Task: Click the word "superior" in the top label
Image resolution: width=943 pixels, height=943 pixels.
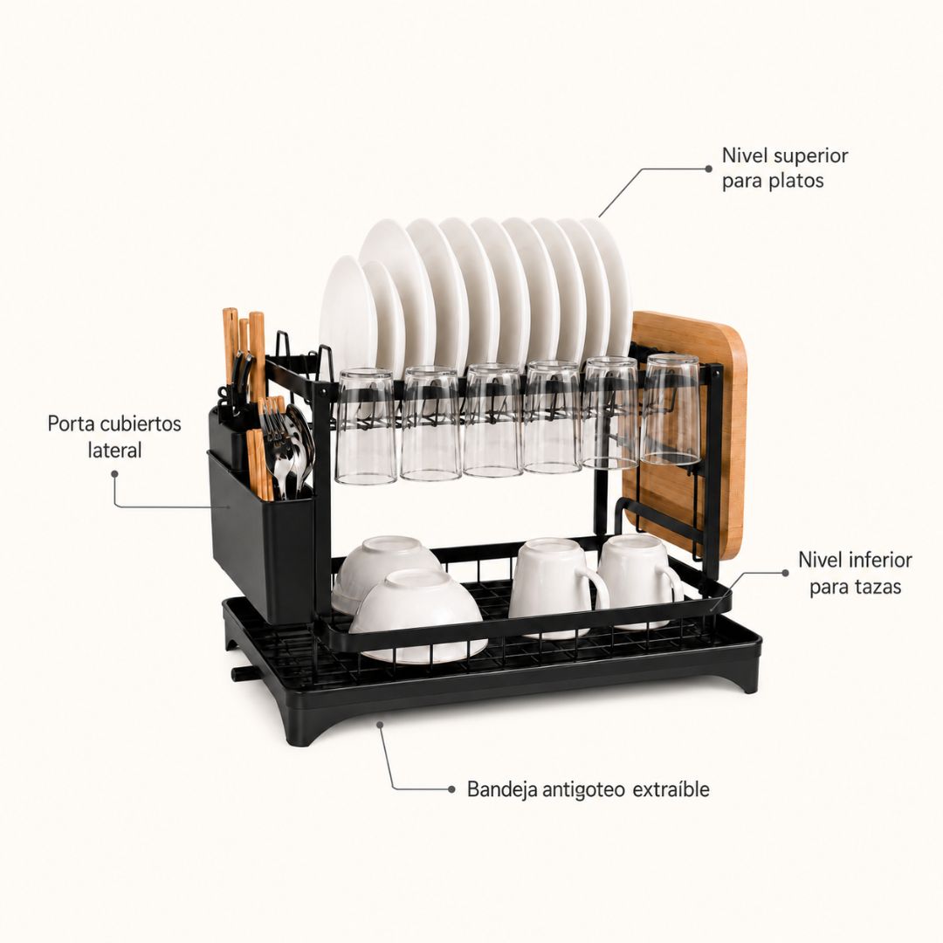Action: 810,156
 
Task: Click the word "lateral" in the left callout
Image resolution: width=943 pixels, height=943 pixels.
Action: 115,450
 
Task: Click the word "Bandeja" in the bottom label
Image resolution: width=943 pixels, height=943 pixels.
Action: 502,789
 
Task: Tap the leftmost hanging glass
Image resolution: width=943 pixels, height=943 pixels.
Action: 366,426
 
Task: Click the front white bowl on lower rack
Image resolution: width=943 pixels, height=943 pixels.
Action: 418,616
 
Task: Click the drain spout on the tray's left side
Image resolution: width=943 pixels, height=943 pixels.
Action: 243,673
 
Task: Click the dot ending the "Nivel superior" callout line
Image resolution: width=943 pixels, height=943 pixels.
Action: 708,169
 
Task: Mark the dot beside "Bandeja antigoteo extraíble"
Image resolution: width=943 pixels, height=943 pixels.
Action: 451,789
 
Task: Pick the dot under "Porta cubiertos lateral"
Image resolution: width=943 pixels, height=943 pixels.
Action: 115,474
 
